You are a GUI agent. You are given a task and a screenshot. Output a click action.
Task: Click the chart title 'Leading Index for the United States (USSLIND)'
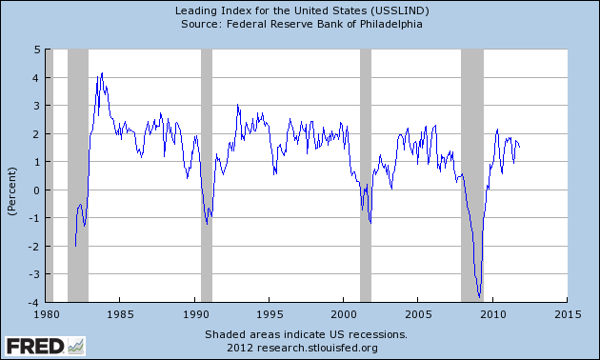[301, 10]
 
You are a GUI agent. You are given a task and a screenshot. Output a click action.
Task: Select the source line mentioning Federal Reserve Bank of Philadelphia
[301, 24]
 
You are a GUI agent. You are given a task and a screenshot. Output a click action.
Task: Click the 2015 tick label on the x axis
[568, 312]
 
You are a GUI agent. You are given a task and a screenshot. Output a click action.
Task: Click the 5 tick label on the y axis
[35, 49]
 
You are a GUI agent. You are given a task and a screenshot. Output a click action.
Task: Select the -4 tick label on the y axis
[33, 303]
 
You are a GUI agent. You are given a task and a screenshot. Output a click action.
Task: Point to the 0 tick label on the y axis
[35, 190]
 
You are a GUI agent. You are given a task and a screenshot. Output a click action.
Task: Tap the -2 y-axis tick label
[33, 247]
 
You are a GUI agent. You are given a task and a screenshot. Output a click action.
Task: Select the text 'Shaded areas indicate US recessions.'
[306, 334]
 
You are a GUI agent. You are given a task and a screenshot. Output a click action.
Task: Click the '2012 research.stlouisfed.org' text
[306, 347]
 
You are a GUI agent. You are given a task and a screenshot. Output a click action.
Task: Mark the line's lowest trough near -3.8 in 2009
[480, 296]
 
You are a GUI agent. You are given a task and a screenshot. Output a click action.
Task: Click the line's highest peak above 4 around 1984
[102, 73]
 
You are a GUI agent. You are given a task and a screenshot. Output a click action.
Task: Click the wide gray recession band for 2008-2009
[473, 143]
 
